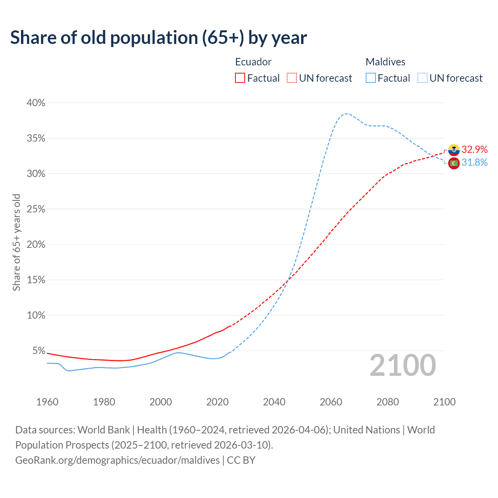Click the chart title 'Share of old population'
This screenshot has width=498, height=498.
(158, 38)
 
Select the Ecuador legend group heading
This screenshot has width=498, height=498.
(253, 62)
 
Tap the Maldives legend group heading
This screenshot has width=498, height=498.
(385, 62)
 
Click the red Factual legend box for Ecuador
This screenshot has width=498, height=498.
(240, 78)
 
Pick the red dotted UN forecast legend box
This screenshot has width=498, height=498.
(292, 78)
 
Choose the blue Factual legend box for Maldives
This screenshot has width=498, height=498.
(371, 78)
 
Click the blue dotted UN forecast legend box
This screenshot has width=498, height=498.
(423, 78)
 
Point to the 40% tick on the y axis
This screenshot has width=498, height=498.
(36, 103)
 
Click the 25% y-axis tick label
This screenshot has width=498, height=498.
(36, 209)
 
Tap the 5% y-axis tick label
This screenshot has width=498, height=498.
(39, 351)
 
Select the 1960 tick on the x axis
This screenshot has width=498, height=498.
(47, 402)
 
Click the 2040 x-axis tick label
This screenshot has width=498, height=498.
(274, 402)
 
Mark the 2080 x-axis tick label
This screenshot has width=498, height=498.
(388, 402)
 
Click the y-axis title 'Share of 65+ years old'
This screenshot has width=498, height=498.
(16, 242)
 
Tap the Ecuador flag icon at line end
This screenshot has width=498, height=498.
(454, 150)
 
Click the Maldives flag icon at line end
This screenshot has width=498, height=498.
(454, 163)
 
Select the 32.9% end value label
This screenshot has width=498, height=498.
(475, 150)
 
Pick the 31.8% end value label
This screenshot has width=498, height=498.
(475, 163)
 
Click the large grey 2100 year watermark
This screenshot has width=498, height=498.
(403, 365)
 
